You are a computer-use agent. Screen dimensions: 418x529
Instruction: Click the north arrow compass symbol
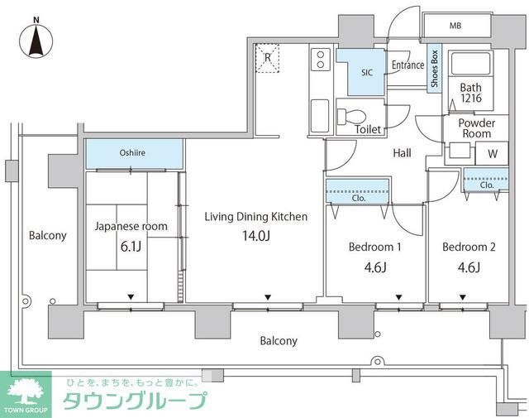point(36,38)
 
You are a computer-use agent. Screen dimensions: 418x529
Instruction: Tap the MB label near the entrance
point(455,26)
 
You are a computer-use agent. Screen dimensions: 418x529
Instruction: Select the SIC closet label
point(366,73)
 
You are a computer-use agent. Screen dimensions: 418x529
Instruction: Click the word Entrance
point(407,65)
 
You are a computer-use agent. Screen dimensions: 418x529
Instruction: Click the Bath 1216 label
point(470,94)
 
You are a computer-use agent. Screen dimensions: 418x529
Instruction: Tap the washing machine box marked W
point(492,154)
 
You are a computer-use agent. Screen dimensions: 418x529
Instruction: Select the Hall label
point(402,152)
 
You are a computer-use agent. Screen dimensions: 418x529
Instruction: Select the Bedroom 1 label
point(374,247)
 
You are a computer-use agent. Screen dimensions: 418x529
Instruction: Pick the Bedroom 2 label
point(469,247)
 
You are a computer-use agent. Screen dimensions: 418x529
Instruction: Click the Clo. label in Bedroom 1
point(359,199)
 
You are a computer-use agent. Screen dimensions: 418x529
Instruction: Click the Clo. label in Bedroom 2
point(487,185)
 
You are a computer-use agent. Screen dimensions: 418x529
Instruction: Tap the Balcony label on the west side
point(47,235)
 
